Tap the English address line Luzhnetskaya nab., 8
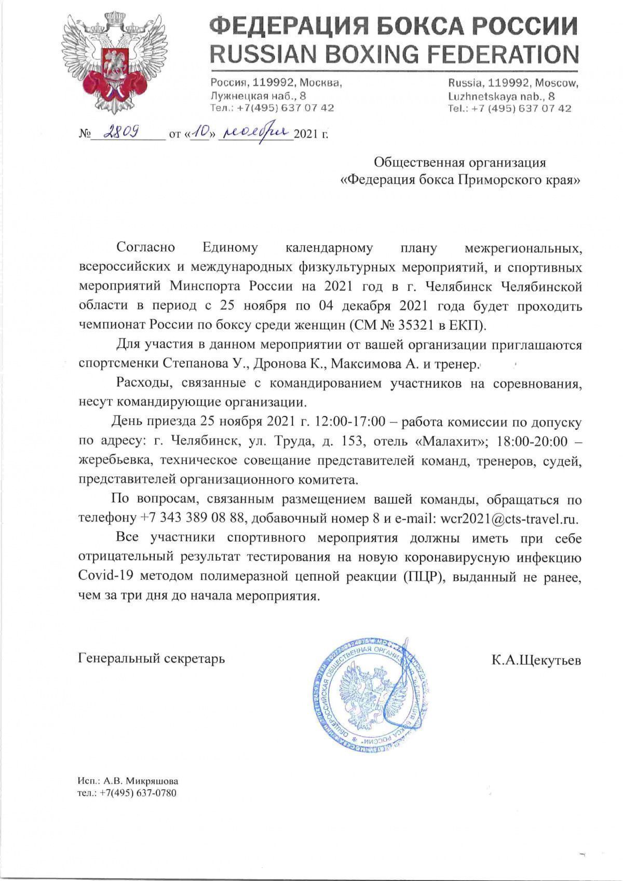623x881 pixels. coord(501,96)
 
